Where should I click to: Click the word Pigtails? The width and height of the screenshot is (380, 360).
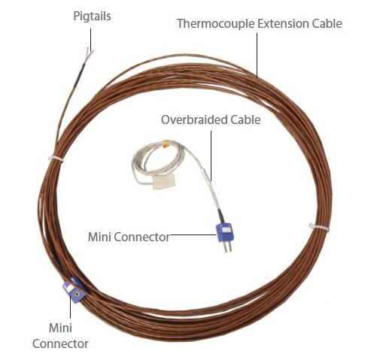92,17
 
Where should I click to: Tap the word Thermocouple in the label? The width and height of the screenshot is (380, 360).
216,24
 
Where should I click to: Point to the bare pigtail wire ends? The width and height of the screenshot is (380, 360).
90,53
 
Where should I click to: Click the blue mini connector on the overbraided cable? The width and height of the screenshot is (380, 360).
224,232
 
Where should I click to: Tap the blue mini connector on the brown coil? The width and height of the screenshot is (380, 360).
74,290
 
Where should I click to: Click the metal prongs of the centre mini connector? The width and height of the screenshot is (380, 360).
228,247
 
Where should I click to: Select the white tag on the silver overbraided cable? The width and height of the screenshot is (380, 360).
164,181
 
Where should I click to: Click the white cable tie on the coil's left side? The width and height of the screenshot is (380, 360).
56,159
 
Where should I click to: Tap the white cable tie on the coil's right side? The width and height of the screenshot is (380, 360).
319,227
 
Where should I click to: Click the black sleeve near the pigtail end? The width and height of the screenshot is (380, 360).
80,74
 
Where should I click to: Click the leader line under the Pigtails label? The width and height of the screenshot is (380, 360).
90,39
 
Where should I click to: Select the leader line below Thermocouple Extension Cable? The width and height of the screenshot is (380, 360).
257,55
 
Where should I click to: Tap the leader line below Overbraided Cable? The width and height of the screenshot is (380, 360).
211,156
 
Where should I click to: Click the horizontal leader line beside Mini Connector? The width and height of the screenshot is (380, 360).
193,234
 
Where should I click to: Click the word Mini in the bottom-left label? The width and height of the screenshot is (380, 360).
60,328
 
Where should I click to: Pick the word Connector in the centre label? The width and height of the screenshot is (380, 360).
142,237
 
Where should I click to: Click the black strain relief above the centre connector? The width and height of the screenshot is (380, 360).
220,216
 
